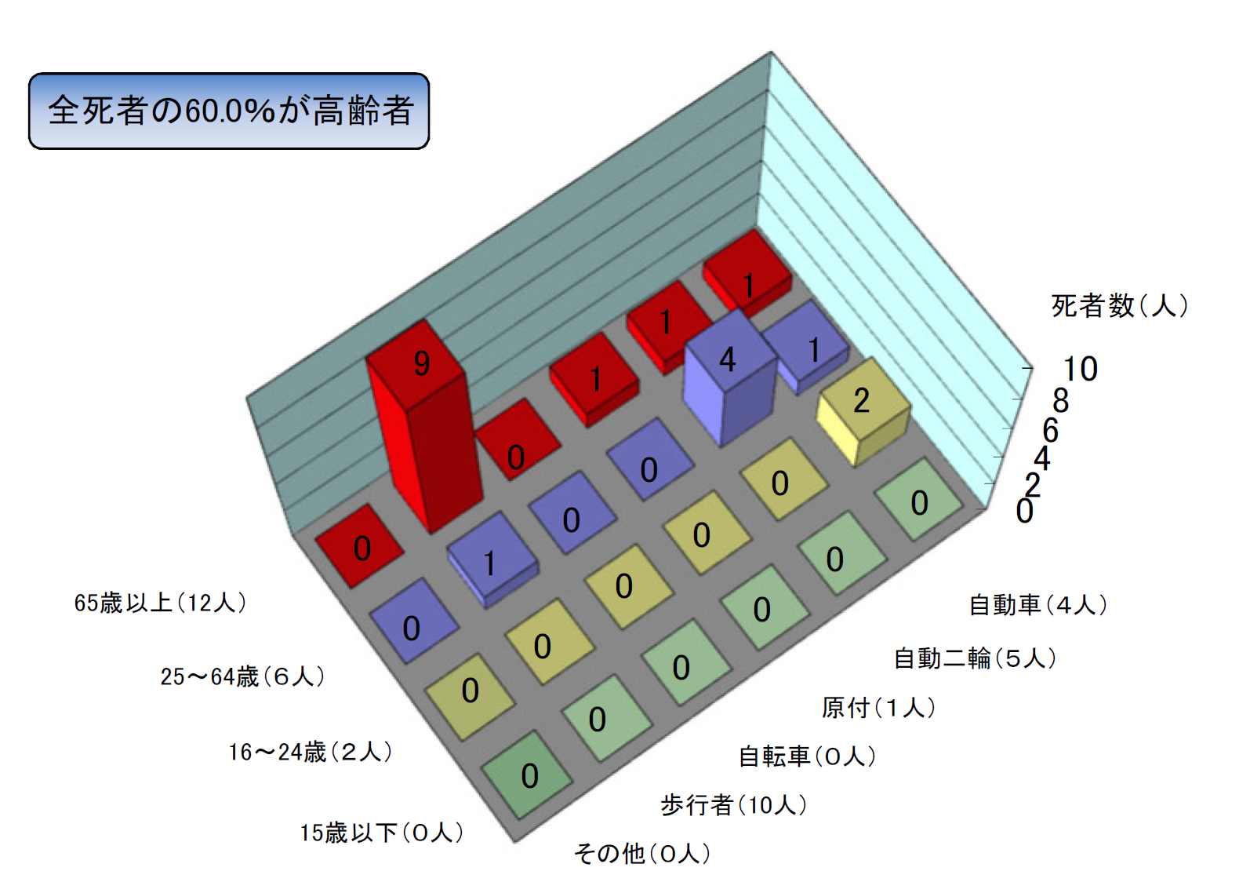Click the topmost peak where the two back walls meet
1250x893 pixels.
coord(771,51)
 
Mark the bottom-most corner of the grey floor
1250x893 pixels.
coord(514,842)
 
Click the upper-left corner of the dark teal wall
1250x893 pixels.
coord(246,397)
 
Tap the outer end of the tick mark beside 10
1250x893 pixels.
coord(1033,367)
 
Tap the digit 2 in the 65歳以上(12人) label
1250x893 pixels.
coord(202,603)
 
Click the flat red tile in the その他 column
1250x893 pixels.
coord(359,545)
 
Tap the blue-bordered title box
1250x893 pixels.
coord(229,111)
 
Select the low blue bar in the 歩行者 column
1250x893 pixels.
coord(492,559)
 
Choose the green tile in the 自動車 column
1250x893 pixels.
coord(919,499)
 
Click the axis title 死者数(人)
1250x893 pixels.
coord(1119,305)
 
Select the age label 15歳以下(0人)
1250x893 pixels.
coord(382,833)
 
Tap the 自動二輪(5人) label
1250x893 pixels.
coord(975,658)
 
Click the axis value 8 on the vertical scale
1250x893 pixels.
coord(1060,400)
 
